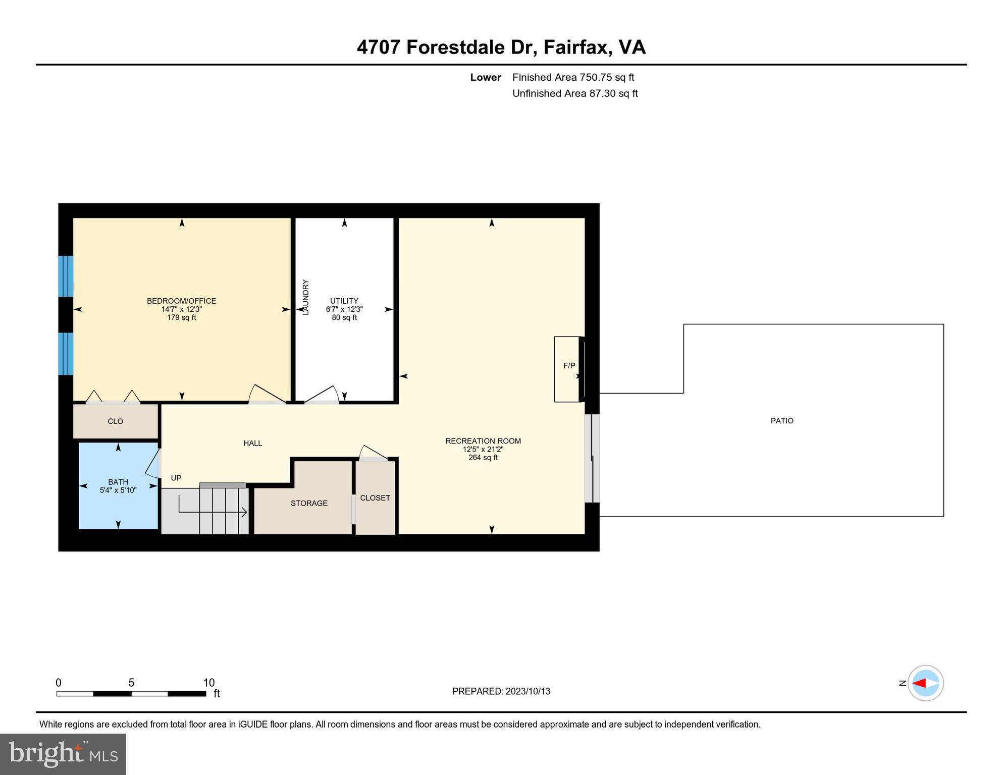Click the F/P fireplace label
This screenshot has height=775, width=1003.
(x=569, y=366)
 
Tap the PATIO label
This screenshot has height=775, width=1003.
(x=782, y=421)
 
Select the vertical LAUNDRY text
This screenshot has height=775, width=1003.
(x=305, y=297)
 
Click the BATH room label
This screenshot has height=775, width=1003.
(x=118, y=482)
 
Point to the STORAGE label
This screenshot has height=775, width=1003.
(x=309, y=503)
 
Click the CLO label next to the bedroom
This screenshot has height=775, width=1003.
(x=115, y=421)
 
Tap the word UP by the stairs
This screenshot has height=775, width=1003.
(x=176, y=478)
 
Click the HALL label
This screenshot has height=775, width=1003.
(x=252, y=443)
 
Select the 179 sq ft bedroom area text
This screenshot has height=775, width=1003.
(x=181, y=318)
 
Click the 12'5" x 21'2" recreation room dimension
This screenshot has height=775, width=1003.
(x=483, y=449)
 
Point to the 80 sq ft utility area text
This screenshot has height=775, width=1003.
(x=344, y=318)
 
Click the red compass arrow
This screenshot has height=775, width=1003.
(x=919, y=683)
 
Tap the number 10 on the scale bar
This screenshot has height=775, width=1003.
(x=209, y=683)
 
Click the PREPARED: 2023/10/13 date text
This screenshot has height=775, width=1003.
(x=501, y=691)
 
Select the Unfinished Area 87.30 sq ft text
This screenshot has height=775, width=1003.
(x=575, y=93)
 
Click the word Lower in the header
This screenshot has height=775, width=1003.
(x=486, y=77)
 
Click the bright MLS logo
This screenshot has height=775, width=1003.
(x=63, y=754)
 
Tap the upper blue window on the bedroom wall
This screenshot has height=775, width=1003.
(x=66, y=276)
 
